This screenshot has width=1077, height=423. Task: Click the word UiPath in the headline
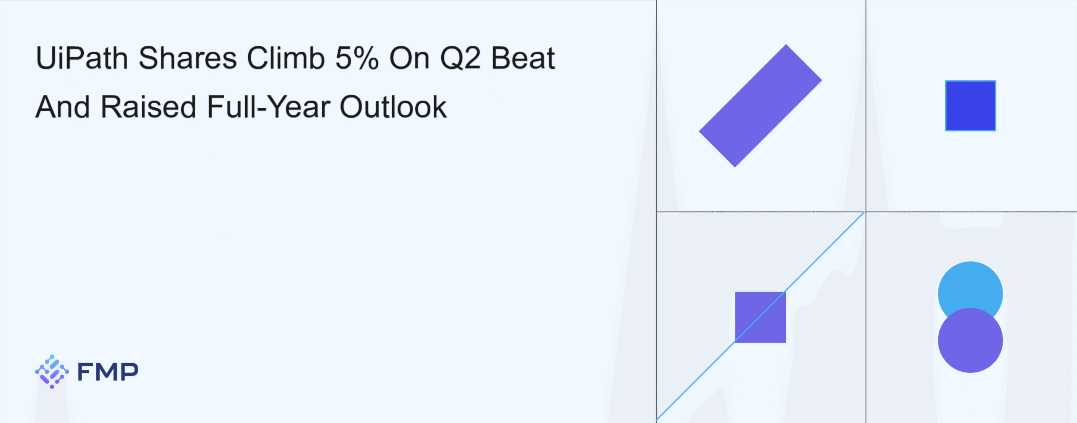click(82, 58)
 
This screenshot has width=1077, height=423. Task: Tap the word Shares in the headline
click(188, 58)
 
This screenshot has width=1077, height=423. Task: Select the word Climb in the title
click(286, 58)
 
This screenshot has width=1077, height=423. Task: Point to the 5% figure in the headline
click(357, 58)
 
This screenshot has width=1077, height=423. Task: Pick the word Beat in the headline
click(523, 58)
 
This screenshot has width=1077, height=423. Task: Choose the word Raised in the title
click(149, 107)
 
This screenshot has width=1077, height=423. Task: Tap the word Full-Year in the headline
click(268, 107)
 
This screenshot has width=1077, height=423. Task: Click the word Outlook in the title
click(393, 107)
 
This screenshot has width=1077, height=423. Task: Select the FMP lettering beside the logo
click(108, 372)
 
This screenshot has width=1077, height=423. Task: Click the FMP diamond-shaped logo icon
click(52, 372)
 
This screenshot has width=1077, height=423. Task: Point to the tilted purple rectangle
click(760, 106)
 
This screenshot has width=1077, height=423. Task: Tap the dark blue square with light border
click(971, 106)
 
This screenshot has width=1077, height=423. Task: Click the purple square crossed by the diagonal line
click(760, 317)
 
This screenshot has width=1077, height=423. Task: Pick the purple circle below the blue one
click(971, 341)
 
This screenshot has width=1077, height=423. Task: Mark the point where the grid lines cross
click(866, 212)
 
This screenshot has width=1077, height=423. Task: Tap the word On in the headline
click(409, 58)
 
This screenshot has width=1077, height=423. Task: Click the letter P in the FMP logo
click(129, 372)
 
